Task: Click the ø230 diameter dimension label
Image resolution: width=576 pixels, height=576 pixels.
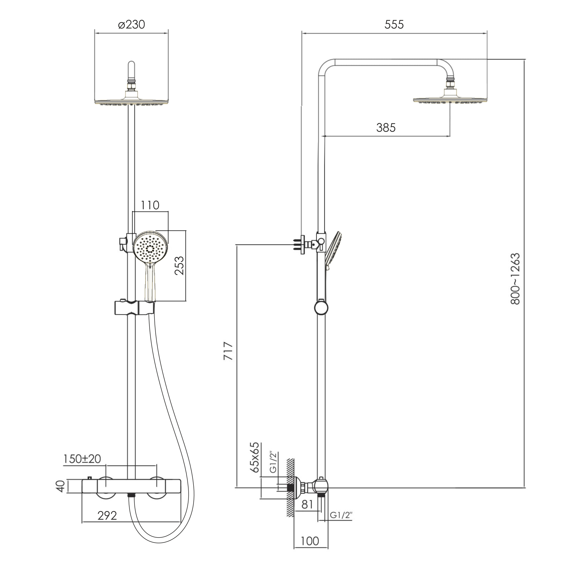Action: pyautogui.click(x=131, y=24)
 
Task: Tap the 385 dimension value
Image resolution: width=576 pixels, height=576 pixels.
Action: pyautogui.click(x=386, y=128)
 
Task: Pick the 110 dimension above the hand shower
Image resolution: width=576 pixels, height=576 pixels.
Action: pyautogui.click(x=150, y=205)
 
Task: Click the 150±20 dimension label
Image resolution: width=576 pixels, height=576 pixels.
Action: pyautogui.click(x=82, y=459)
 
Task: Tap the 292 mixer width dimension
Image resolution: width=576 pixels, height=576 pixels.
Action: pyautogui.click(x=107, y=515)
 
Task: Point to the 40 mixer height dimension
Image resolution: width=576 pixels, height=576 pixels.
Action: pyautogui.click(x=61, y=486)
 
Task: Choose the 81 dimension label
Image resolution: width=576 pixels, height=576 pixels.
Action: pyautogui.click(x=307, y=504)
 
